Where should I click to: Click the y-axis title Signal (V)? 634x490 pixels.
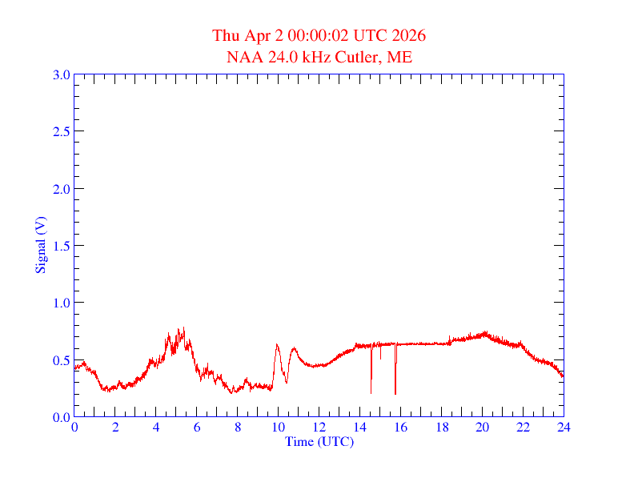pos(39,244)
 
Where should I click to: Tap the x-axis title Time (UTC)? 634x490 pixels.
pos(319,440)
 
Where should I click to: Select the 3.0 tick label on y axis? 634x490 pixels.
pos(61,74)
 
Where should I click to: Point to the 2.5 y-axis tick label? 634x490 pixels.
pos(61,131)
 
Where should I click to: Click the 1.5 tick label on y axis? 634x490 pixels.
pos(61,246)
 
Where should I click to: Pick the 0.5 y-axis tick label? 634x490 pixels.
pos(61,360)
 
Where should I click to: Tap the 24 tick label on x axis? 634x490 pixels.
pos(564,428)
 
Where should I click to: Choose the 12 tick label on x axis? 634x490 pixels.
pos(319,428)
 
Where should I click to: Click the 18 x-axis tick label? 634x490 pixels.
pos(441,428)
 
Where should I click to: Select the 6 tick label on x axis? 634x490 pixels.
pos(197,428)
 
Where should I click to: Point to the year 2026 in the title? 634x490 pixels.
pos(408,36)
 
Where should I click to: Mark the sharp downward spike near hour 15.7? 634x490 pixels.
pos(395,391)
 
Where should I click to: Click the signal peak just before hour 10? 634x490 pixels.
pos(277,345)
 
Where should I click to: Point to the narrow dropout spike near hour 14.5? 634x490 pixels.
pos(371,390)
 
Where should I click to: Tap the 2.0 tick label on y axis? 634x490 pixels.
pos(61,189)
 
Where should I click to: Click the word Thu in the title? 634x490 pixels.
pos(226,36)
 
